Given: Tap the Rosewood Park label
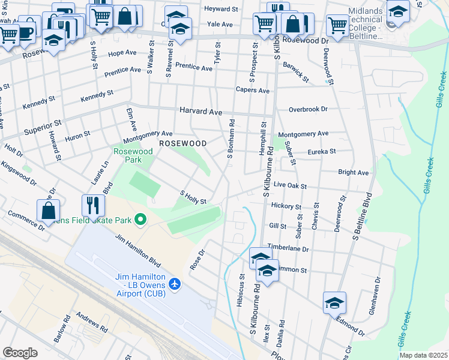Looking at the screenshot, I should [x=133, y=156].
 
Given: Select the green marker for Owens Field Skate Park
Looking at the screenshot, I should [x=140, y=220].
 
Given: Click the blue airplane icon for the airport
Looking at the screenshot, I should [x=175, y=283].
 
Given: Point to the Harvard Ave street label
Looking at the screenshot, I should [x=201, y=112].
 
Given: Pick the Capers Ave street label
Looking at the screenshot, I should [x=256, y=91].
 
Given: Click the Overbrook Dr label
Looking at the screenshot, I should [x=308, y=110].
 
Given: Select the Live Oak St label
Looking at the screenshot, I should [x=290, y=187].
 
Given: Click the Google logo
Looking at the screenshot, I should [x=20, y=353].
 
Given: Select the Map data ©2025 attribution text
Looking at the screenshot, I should [x=423, y=355].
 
